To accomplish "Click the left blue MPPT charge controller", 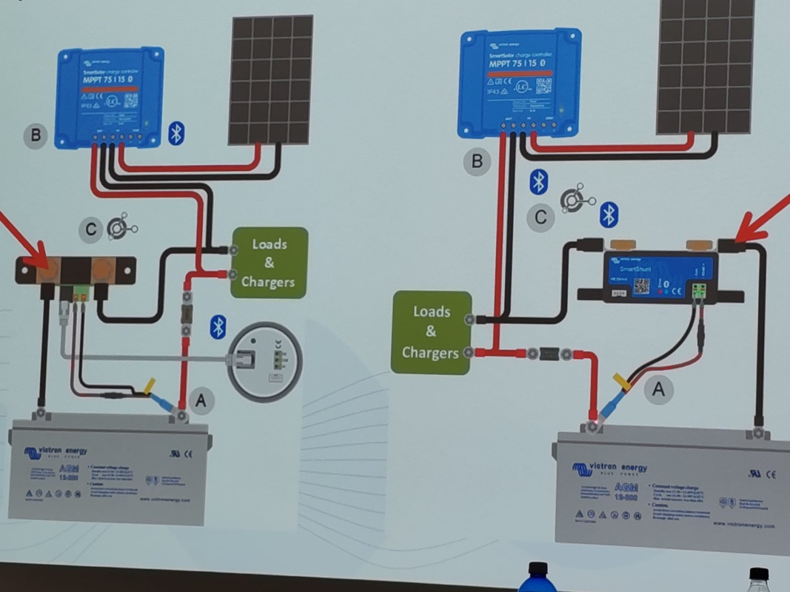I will click(110, 96).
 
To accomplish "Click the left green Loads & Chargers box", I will click(268, 263).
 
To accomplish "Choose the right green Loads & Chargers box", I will click(431, 332).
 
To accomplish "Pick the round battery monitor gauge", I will click(265, 360).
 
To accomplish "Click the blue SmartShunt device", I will click(659, 275).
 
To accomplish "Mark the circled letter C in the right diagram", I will click(541, 218).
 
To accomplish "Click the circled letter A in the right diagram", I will click(658, 387).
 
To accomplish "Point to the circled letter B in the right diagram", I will click(478, 161).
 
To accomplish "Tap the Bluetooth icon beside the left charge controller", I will click(176, 133).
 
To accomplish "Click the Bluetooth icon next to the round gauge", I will click(218, 326).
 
